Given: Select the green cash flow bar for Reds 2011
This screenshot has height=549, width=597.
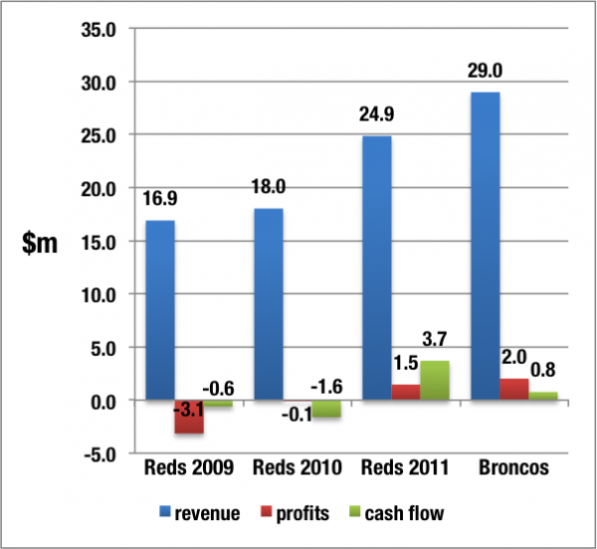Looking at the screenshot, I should (434, 381).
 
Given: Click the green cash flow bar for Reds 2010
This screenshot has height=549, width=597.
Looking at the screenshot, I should (325, 409).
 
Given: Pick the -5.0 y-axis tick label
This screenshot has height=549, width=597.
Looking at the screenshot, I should (100, 454).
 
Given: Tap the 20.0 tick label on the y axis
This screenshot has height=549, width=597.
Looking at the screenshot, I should (100, 188).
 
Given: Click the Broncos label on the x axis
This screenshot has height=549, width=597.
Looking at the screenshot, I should (513, 468).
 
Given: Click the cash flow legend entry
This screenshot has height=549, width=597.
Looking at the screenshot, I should (393, 514).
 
